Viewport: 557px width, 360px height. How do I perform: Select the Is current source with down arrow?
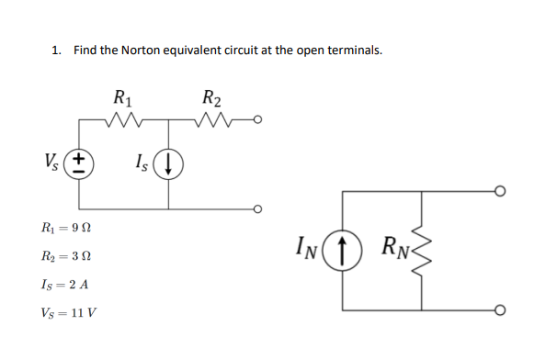(168, 165)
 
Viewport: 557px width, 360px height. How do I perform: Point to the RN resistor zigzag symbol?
(421, 248)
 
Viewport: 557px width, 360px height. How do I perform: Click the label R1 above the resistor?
(120, 95)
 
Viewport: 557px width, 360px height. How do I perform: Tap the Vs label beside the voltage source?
(53, 164)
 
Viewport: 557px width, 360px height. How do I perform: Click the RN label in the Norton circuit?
(395, 246)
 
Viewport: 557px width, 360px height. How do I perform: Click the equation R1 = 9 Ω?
(71, 226)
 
